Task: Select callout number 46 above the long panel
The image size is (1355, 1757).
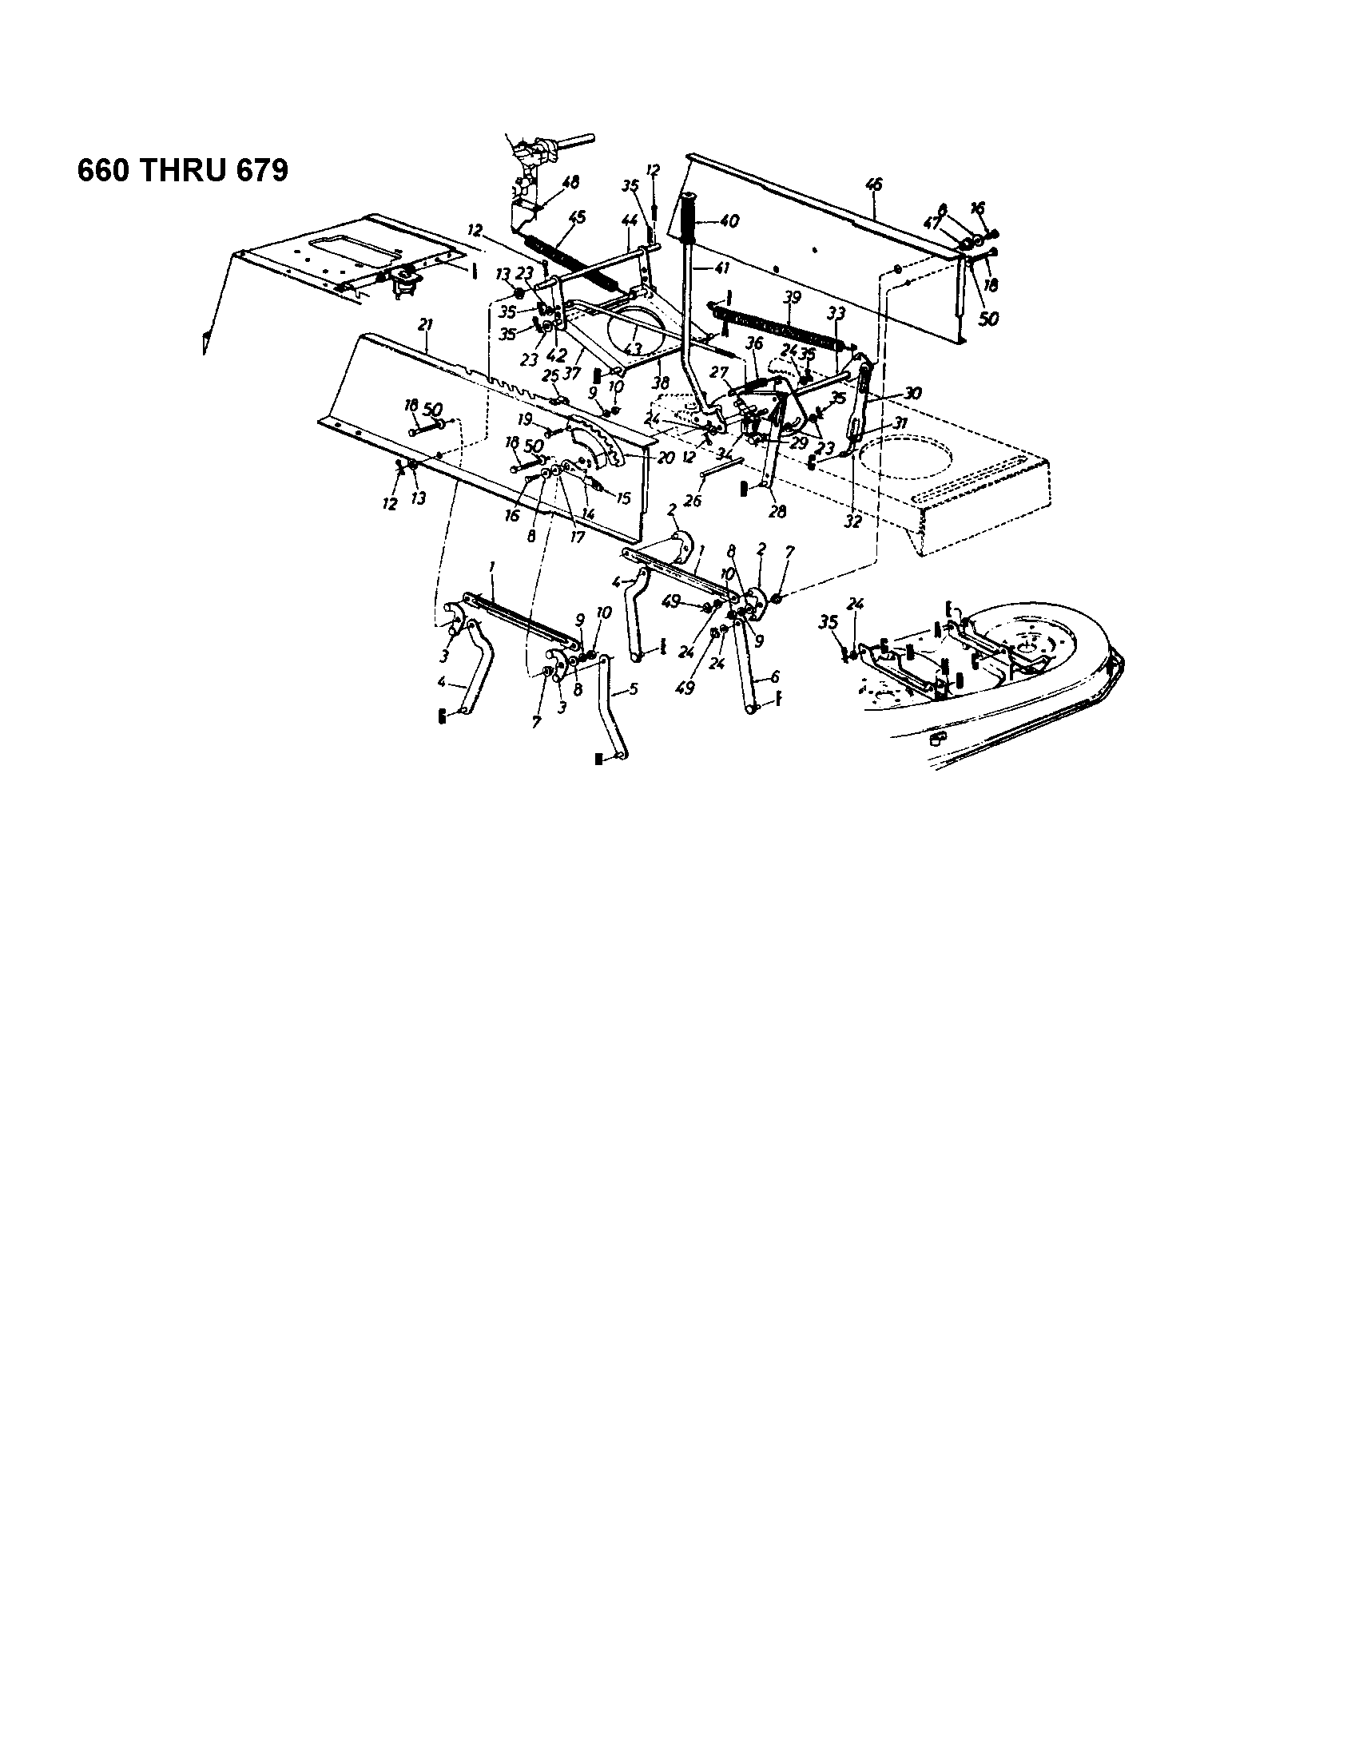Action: coord(873,185)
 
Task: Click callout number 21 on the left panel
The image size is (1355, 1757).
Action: coord(426,325)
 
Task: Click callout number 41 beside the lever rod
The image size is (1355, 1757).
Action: coord(721,268)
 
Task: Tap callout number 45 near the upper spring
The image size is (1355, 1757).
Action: coord(577,217)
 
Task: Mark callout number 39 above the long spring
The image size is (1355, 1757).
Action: coord(793,298)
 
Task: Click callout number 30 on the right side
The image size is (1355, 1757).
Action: coord(912,394)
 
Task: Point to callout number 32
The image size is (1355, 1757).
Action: coord(853,521)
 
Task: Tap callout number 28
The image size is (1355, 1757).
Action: coord(777,511)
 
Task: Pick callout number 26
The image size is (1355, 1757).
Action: coord(693,501)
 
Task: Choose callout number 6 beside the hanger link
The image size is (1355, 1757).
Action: coord(775,677)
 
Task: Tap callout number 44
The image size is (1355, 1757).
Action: coord(630,219)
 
